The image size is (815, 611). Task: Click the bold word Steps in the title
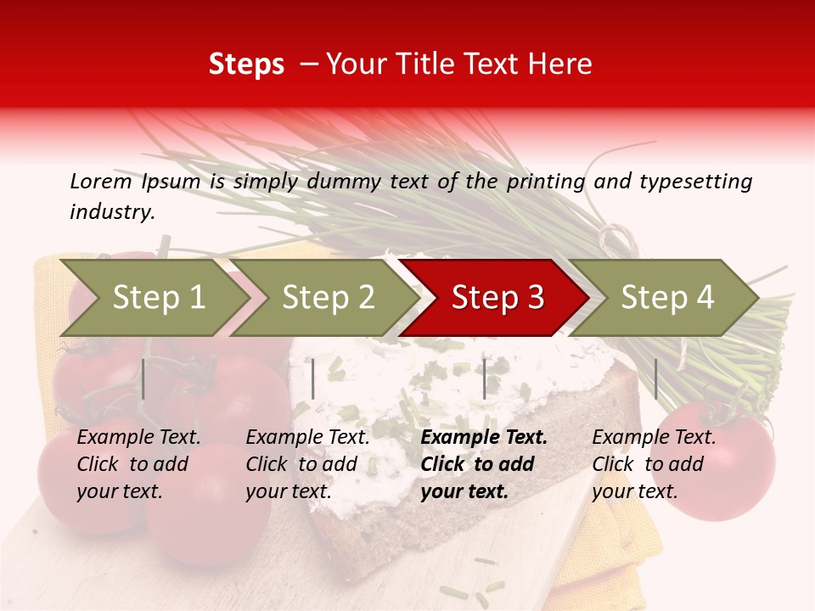pos(246,64)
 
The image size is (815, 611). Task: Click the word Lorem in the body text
pos(100,181)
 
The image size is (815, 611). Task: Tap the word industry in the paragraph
pos(111,211)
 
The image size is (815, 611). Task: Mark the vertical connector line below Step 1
pos(143,378)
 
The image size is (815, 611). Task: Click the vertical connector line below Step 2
pos(313,378)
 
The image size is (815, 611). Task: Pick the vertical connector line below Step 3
pos(485,378)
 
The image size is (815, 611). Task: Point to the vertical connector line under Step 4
pos(655,378)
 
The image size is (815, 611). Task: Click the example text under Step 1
pos(138,464)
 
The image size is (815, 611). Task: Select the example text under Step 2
pos(307,464)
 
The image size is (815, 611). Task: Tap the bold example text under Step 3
pos(484,464)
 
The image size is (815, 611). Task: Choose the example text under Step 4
pos(654,464)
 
